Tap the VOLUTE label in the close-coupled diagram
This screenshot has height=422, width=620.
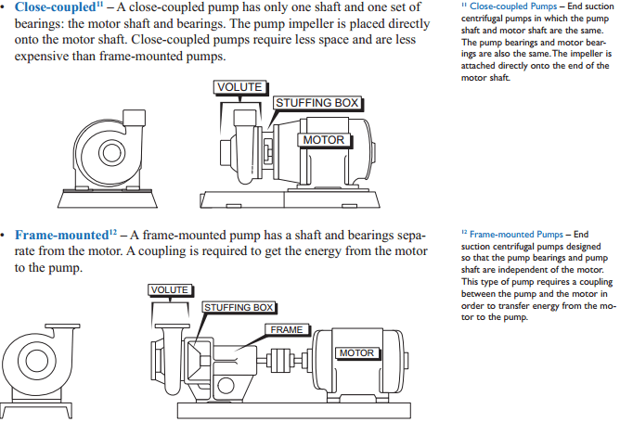pos(239,87)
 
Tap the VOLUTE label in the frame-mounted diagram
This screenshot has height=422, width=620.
pos(170,290)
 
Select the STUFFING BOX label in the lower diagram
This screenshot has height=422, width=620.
pos(239,307)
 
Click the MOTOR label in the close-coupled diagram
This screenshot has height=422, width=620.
pos(324,140)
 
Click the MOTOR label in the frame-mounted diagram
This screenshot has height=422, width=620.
pos(356,353)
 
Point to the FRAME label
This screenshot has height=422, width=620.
pos(285,329)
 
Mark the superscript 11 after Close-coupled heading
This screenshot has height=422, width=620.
pos(99,5)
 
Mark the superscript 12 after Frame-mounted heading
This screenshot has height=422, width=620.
pos(112,231)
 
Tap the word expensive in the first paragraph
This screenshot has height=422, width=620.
pos(45,57)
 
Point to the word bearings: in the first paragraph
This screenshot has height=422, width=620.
pos(42,24)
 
